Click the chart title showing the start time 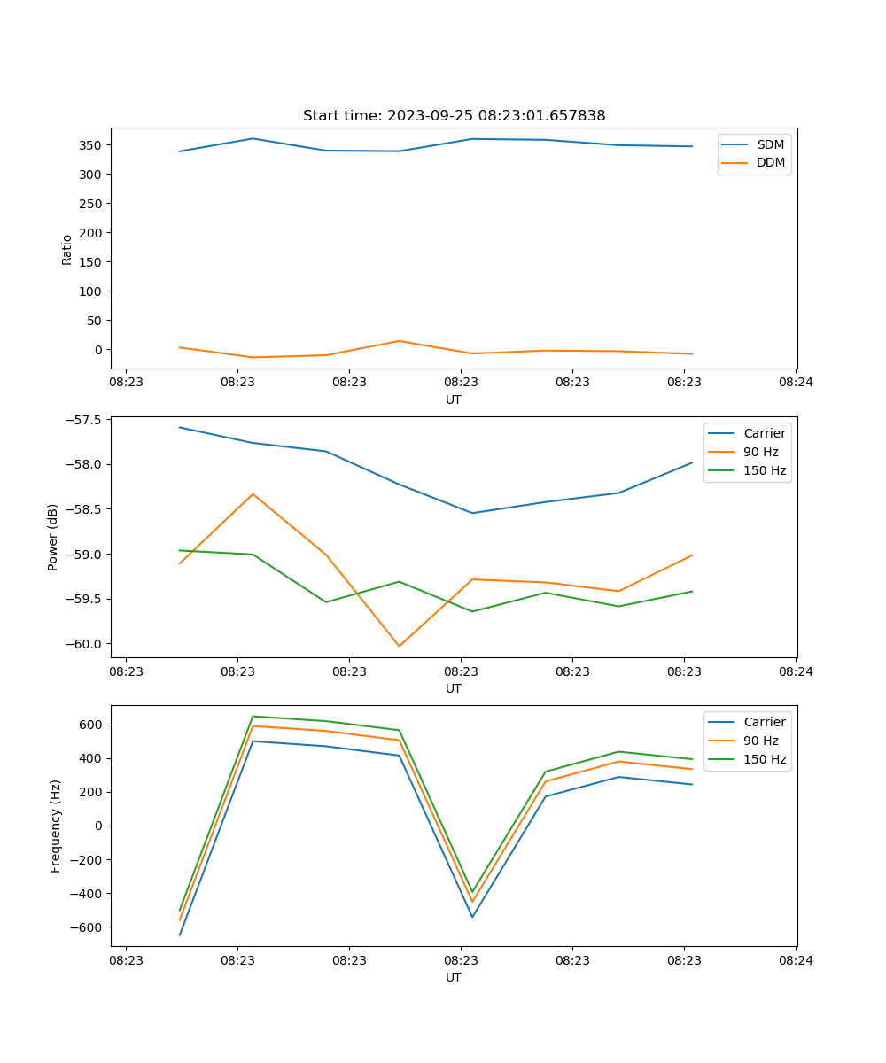(x=454, y=116)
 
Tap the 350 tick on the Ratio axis (x=94, y=144)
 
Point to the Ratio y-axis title (x=67, y=248)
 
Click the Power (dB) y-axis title (x=53, y=537)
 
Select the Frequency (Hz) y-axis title (x=56, y=826)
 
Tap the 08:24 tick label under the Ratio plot (x=796, y=383)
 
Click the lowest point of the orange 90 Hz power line (x=399, y=646)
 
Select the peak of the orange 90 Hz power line (x=253, y=494)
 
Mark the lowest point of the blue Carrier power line (x=472, y=513)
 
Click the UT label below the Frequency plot (x=454, y=977)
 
